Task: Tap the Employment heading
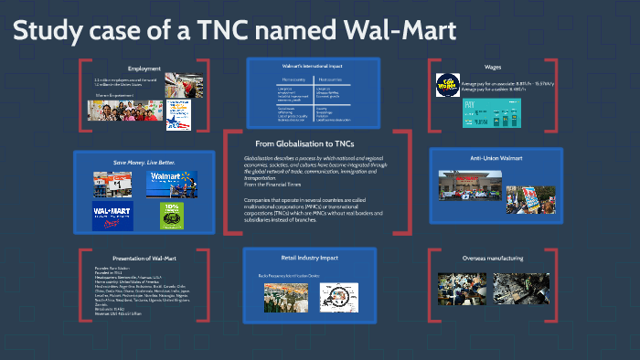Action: click(144, 69)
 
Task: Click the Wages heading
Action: click(493, 68)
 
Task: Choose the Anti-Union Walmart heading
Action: click(496, 158)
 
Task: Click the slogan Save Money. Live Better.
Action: click(144, 163)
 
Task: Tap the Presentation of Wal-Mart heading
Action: click(144, 259)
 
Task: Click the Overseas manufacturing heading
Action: click(494, 259)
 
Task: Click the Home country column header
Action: click(283, 81)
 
